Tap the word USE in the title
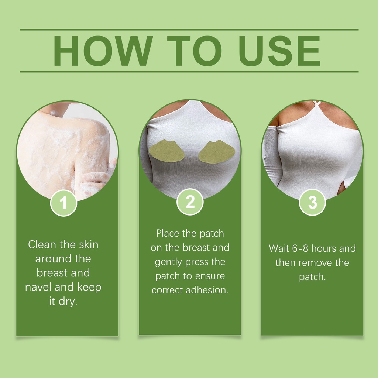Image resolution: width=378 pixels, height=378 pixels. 279,51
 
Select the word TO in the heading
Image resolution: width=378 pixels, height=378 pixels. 194,51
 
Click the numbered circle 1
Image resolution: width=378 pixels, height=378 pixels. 63,203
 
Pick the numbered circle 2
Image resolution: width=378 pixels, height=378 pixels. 190,202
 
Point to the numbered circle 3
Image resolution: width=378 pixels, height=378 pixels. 312,202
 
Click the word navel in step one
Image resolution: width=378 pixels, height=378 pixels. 38,287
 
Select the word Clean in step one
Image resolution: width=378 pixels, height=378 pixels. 42,244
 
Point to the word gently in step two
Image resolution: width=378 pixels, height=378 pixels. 168,262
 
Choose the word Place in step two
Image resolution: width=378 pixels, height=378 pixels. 168,233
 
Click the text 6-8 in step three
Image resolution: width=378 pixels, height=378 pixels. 300,248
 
